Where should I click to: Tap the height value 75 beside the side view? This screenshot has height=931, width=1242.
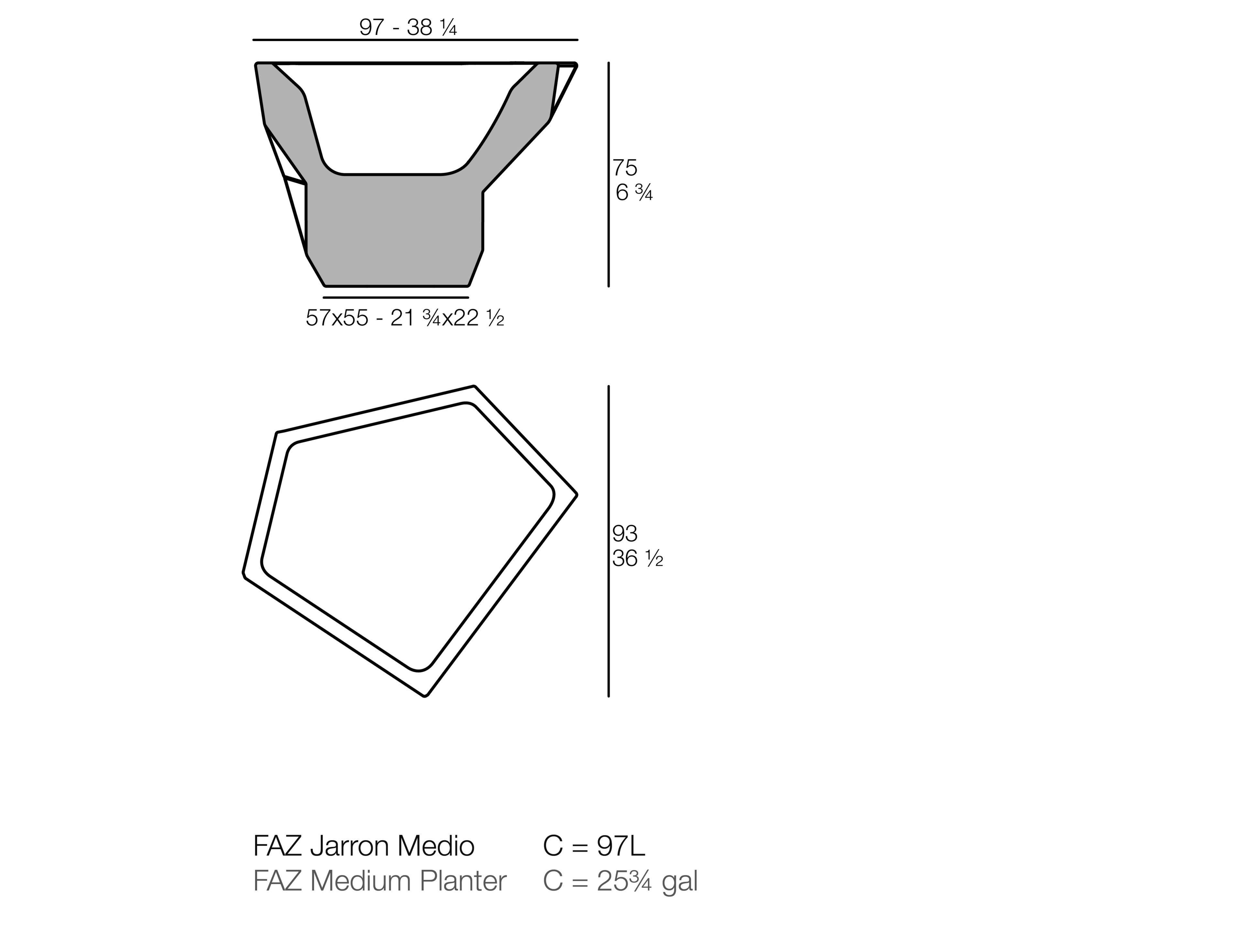(x=625, y=167)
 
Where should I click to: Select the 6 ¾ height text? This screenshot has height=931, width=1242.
(x=634, y=193)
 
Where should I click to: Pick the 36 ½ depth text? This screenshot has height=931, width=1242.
(x=637, y=558)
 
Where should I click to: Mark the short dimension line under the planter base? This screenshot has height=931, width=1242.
(x=396, y=298)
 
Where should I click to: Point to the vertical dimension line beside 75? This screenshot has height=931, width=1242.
(x=609, y=174)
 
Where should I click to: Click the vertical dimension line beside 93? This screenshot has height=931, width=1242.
(x=609, y=541)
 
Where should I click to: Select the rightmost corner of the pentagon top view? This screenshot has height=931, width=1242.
(x=576, y=495)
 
